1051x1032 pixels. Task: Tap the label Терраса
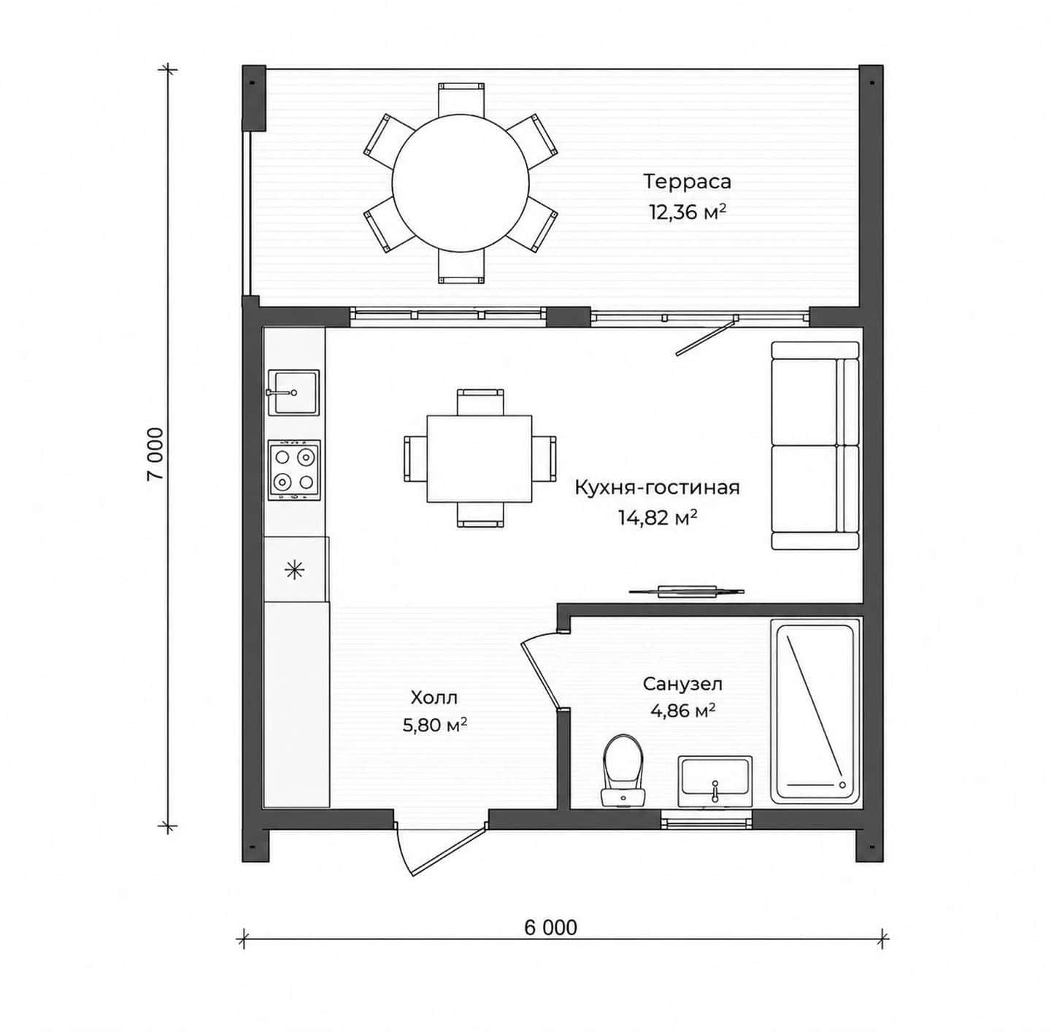pyautogui.click(x=688, y=182)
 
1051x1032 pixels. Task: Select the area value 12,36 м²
pyautogui.click(x=688, y=211)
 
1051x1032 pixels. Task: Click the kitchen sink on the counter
pyautogui.click(x=293, y=393)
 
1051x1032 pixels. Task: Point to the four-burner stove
pyautogui.click(x=294, y=471)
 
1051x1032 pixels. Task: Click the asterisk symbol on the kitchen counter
pyautogui.click(x=295, y=571)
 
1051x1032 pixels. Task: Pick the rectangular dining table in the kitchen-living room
pyautogui.click(x=480, y=459)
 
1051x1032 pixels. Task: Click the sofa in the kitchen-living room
pyautogui.click(x=815, y=445)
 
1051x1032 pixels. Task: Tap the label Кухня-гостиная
pyautogui.click(x=657, y=488)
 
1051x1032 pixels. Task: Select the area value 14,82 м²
pyautogui.click(x=658, y=517)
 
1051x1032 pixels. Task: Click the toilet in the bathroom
pyautogui.click(x=623, y=771)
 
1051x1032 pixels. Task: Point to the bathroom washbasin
pyautogui.click(x=715, y=780)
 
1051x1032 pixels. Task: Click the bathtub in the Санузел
pyautogui.click(x=815, y=711)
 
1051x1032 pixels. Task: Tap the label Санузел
pyautogui.click(x=682, y=684)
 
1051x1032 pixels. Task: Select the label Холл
pyautogui.click(x=434, y=698)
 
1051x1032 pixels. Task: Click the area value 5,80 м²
pyautogui.click(x=435, y=725)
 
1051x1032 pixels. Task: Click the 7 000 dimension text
pyautogui.click(x=155, y=454)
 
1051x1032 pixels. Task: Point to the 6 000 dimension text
pyautogui.click(x=550, y=928)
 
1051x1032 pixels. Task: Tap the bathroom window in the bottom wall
pyautogui.click(x=706, y=820)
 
